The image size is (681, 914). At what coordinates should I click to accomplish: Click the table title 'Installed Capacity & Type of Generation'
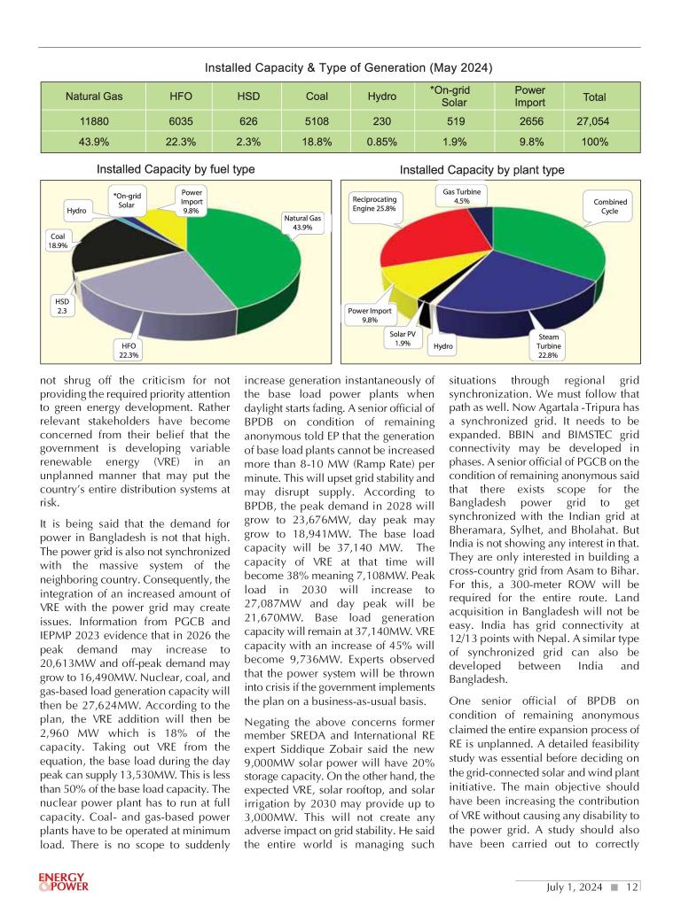click(348, 68)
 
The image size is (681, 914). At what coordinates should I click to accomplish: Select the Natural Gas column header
click(94, 96)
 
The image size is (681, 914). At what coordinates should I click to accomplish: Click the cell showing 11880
click(94, 121)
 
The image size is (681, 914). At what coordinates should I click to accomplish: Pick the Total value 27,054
click(593, 121)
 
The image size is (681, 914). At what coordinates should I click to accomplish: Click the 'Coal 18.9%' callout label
click(58, 240)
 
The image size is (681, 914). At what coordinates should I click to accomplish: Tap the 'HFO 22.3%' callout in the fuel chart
click(129, 350)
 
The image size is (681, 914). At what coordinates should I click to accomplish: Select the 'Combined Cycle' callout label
click(610, 206)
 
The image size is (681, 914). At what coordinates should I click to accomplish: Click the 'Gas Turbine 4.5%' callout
click(461, 196)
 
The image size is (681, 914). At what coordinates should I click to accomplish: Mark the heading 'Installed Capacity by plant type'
click(469, 169)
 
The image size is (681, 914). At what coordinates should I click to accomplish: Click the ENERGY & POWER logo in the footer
click(63, 882)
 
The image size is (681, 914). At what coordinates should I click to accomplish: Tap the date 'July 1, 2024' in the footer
click(575, 887)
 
